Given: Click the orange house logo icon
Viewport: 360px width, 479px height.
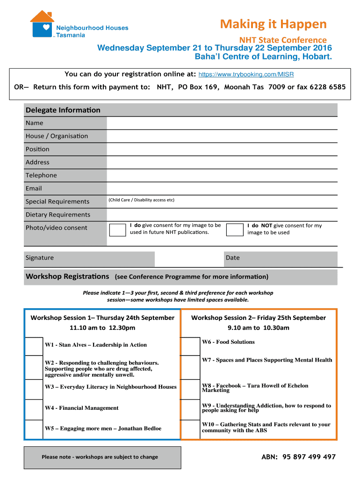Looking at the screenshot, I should coord(42,23).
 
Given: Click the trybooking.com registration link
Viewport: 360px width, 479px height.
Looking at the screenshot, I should coord(246,74).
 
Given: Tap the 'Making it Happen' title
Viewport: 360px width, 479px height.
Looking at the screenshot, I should coord(274,24).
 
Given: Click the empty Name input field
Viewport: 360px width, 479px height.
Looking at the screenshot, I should coord(222,123).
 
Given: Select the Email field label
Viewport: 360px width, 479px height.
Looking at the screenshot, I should coord(34,189).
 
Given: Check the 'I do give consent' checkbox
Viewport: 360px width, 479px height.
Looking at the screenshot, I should coord(117,230).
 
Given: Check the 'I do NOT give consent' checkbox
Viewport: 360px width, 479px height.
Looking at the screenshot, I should coord(234,230).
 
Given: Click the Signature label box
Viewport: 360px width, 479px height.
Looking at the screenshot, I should coord(89,258).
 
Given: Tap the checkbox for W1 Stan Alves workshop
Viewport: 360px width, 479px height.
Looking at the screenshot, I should coord(34,346).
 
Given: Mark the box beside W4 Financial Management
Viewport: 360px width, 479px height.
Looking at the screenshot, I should coord(34,409).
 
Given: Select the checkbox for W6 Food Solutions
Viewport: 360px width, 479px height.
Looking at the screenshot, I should coord(190,346).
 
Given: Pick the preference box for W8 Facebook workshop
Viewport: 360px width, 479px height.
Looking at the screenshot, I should coord(190,389).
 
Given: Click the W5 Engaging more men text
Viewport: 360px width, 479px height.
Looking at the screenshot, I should coord(103,428).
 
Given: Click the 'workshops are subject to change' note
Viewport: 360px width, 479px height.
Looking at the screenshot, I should coord(100,457).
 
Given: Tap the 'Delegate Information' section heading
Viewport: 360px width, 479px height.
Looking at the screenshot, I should coord(63,110).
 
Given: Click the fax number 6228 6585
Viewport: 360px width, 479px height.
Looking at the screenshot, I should coord(321,87).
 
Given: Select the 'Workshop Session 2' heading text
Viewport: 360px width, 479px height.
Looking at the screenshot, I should coord(258,318).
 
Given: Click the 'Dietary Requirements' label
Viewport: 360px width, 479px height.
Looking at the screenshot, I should coord(58,215).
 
